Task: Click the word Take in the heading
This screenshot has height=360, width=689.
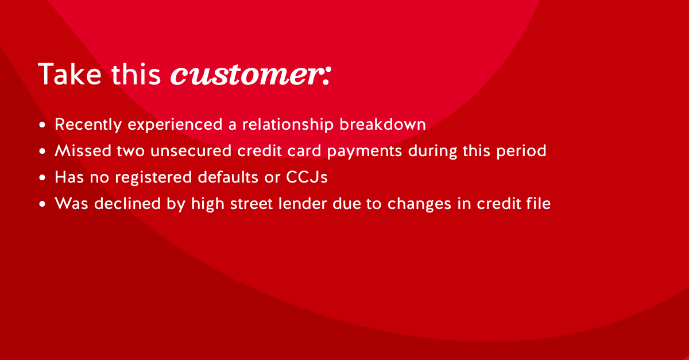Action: (x=69, y=74)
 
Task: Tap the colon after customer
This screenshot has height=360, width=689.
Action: (x=327, y=75)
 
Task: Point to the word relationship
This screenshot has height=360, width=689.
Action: (x=288, y=125)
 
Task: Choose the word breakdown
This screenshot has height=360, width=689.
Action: (x=382, y=124)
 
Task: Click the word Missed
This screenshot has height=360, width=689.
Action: (x=83, y=151)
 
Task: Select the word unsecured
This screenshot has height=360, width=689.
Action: (x=191, y=151)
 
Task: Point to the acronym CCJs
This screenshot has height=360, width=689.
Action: (x=307, y=177)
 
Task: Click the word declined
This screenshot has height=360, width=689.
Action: (x=127, y=203)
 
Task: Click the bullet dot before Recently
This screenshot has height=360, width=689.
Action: (x=42, y=125)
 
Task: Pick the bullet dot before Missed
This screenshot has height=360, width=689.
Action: (x=42, y=151)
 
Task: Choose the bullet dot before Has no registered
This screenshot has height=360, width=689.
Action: (x=42, y=177)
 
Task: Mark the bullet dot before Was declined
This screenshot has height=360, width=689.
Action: (x=42, y=204)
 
